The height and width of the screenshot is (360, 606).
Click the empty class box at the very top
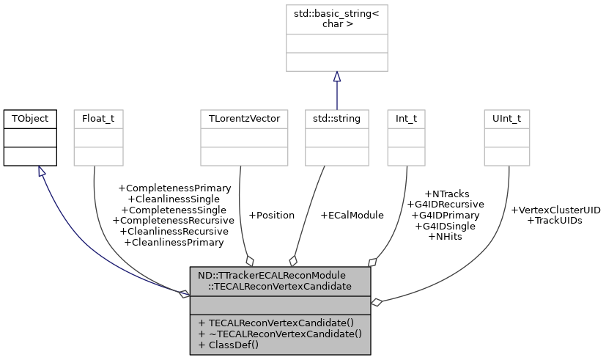[336, 38]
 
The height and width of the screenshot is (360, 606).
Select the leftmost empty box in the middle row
[98, 138]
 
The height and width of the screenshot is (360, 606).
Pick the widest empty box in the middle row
[244, 138]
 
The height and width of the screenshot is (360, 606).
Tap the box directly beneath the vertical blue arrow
[336, 138]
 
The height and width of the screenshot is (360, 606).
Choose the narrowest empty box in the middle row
[406, 138]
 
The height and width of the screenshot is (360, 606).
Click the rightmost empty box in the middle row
[506, 138]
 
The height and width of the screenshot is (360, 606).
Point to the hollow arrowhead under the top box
[337, 77]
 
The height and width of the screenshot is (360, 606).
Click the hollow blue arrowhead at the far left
[42, 172]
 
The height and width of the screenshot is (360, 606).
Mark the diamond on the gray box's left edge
[184, 294]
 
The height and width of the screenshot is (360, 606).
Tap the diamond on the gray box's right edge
[376, 302]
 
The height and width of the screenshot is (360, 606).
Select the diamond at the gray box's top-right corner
[372, 262]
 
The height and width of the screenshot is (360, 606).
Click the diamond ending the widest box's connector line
[250, 260]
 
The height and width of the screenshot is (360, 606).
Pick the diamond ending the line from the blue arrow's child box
[293, 260]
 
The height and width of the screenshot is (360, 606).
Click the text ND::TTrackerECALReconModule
[271, 276]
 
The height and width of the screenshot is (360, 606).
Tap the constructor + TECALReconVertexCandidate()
[276, 323]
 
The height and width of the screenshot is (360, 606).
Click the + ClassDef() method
[228, 345]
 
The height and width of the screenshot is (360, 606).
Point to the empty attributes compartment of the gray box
[280, 306]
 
